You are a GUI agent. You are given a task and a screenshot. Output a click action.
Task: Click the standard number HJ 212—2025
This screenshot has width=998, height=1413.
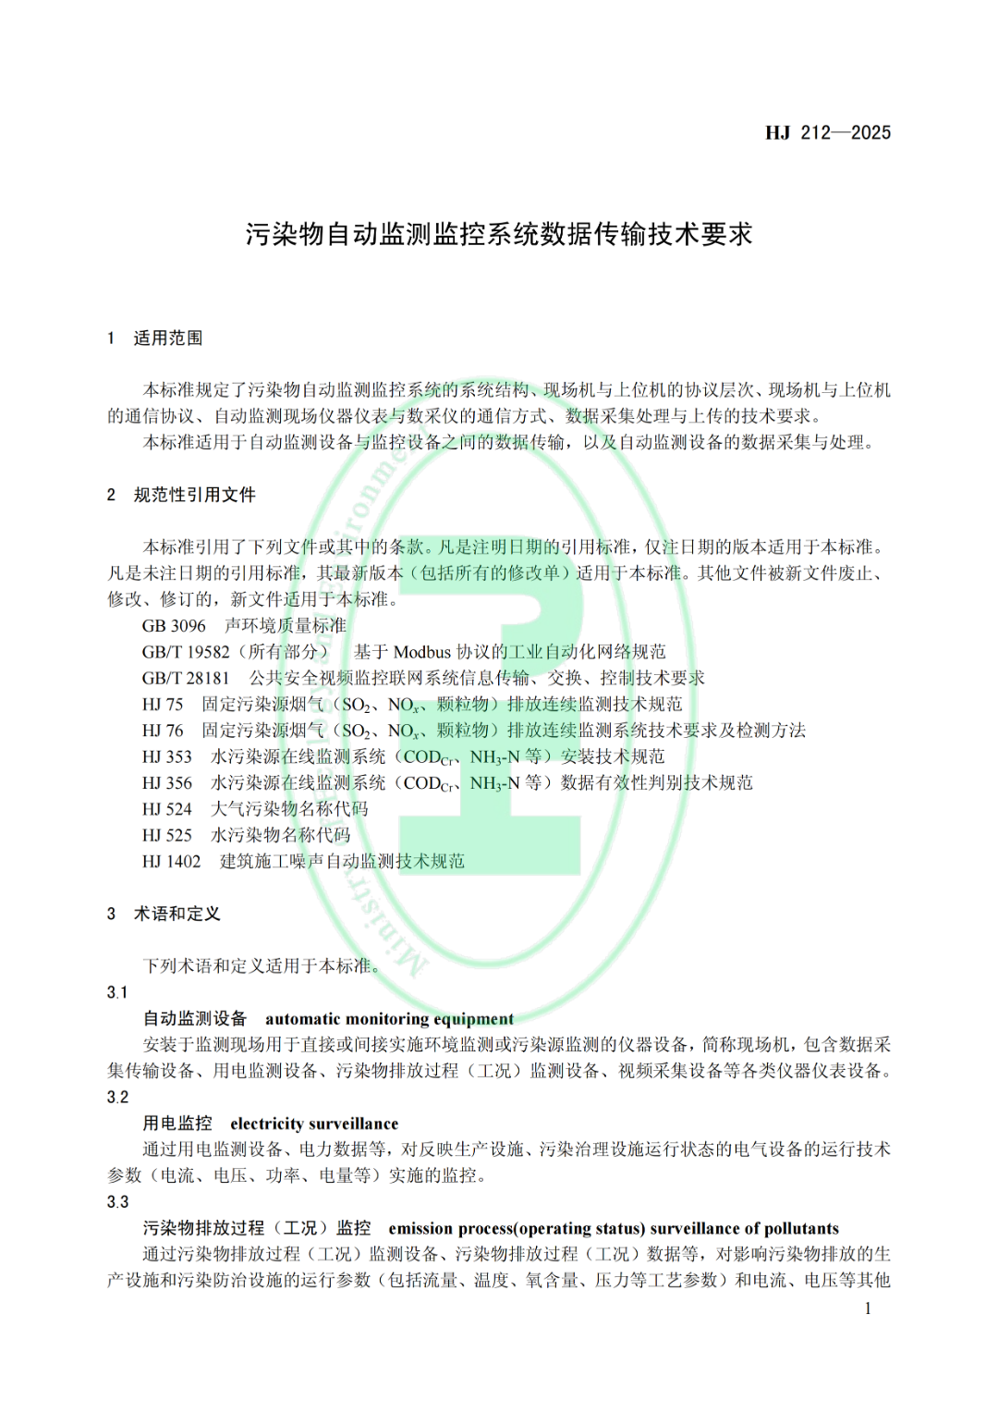click(828, 132)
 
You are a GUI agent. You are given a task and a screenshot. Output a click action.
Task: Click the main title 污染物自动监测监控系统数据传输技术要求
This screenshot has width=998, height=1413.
click(499, 234)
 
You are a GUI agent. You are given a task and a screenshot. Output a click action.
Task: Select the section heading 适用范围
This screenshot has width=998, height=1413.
click(168, 338)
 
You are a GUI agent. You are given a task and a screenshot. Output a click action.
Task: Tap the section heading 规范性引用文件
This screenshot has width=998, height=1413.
click(195, 496)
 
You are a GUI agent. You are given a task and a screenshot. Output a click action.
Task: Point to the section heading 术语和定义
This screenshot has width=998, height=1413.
click(177, 915)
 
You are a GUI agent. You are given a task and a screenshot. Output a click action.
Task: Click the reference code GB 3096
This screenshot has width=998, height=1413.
click(174, 626)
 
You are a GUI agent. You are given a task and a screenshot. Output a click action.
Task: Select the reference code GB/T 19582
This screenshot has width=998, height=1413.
click(186, 652)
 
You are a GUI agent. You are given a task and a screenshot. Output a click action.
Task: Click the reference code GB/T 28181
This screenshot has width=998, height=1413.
click(186, 678)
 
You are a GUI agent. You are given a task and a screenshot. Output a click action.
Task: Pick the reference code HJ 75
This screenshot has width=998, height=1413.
click(163, 705)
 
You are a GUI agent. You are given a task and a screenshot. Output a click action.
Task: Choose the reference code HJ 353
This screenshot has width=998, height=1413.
click(167, 756)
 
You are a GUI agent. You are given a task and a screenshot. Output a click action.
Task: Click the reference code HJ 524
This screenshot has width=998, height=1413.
click(167, 809)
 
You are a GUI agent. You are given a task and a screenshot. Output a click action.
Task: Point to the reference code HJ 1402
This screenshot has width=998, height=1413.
click(172, 862)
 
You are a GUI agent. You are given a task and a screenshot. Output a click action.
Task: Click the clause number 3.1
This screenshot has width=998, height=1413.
click(117, 993)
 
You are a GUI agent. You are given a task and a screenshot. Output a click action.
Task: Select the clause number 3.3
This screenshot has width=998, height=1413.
click(117, 1202)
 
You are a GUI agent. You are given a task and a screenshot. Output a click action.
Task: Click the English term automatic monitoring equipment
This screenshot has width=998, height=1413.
click(389, 1019)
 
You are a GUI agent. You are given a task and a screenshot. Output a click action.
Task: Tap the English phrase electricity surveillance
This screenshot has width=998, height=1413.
click(314, 1124)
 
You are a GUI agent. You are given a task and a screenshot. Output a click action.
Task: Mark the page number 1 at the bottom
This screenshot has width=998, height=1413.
click(868, 1309)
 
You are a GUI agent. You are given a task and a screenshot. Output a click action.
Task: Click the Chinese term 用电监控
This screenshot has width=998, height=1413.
click(177, 1124)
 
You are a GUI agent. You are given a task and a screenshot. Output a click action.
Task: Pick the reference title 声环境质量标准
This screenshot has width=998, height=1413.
click(286, 626)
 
